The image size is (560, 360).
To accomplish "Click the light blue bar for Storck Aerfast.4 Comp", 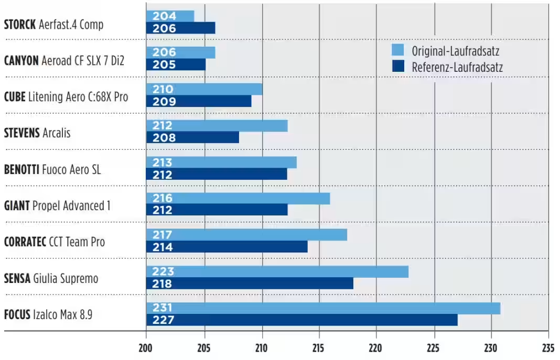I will click(170, 16).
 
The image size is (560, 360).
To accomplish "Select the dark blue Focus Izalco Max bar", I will click(301, 320).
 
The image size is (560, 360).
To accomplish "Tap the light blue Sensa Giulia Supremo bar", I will click(277, 271).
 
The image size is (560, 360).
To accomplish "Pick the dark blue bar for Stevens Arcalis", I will click(192, 137).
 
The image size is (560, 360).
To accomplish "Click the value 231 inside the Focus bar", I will click(163, 308).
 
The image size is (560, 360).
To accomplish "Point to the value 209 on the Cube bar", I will click(164, 101).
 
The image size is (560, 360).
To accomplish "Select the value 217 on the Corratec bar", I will click(163, 235).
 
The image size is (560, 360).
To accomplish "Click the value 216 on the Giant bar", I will click(163, 199).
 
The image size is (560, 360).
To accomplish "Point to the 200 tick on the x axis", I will click(146, 347).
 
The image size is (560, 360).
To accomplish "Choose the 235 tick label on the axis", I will click(548, 347).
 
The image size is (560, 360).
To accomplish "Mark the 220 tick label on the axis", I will click(376, 347).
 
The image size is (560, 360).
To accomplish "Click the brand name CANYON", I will click(21, 61).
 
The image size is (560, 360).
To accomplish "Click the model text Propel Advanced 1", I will click(71, 206).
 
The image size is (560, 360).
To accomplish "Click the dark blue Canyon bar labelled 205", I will click(176, 64).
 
